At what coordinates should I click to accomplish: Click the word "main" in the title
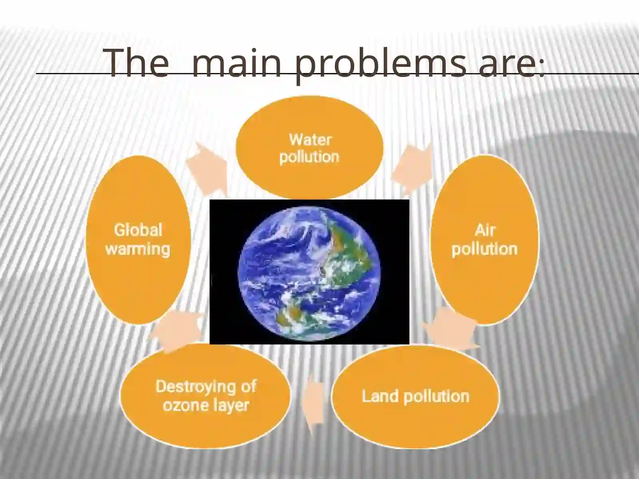click(x=236, y=63)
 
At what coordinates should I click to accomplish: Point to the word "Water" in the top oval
click(x=310, y=140)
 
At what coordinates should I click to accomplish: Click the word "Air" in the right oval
click(x=485, y=230)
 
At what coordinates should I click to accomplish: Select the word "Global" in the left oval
click(x=138, y=230)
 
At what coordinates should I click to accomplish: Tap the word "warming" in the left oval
click(x=138, y=249)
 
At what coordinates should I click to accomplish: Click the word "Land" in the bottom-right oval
click(x=380, y=396)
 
